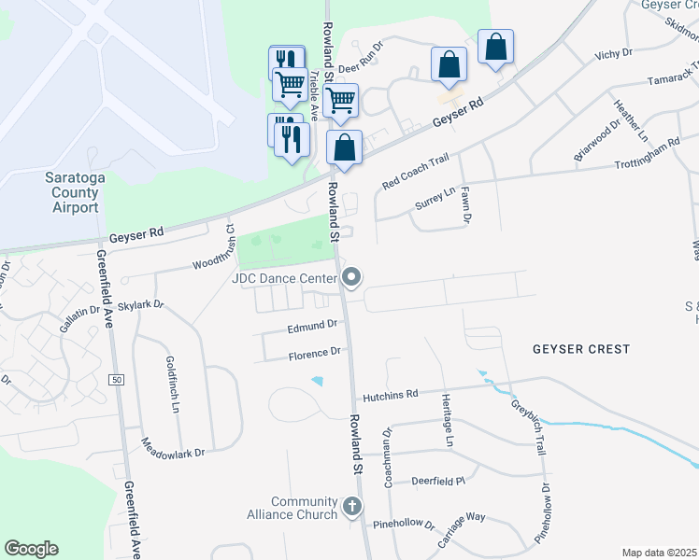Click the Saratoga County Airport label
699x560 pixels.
pyautogui.click(x=72, y=192)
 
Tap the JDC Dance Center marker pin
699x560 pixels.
pyautogui.click(x=351, y=276)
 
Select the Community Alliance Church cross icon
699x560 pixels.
pyautogui.click(x=351, y=507)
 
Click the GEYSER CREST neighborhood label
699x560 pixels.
pyautogui.click(x=581, y=349)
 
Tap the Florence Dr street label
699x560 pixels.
pyautogui.click(x=314, y=354)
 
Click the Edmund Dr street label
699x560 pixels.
pyautogui.click(x=312, y=325)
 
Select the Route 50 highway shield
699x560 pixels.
pyautogui.click(x=117, y=380)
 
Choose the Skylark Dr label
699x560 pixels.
pyautogui.click(x=141, y=305)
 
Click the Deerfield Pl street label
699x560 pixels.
pyautogui.click(x=438, y=482)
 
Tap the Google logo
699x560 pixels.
pyautogui.click(x=31, y=549)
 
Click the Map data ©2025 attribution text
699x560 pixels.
pyautogui.click(x=658, y=553)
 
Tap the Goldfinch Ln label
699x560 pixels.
pyautogui.click(x=172, y=383)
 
